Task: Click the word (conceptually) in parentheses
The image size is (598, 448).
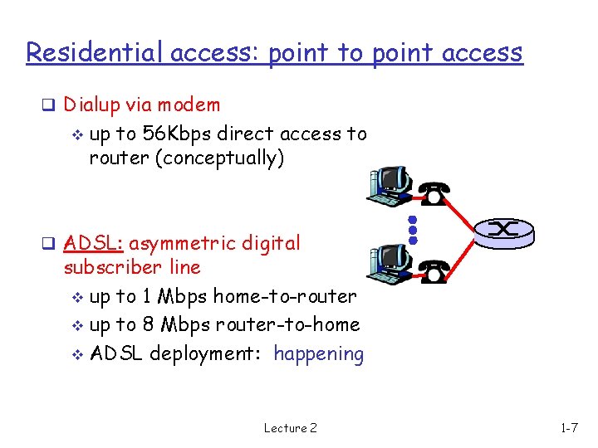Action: pyautogui.click(x=219, y=158)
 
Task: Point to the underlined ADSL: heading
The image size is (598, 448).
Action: pyautogui.click(x=93, y=243)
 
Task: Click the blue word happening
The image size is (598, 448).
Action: pyautogui.click(x=319, y=354)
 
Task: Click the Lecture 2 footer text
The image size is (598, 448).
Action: pyautogui.click(x=290, y=428)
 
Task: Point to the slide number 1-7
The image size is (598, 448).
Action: pyautogui.click(x=570, y=428)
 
